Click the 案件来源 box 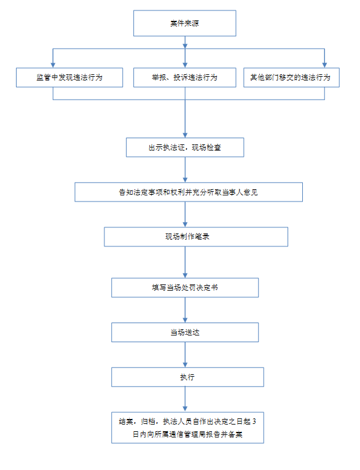pos(185,23)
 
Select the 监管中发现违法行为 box pos(69,77)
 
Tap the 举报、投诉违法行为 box pos(185,77)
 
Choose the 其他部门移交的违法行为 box pos(291,77)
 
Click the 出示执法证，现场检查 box pos(185,147)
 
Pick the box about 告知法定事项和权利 pos(189,192)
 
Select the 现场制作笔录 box pos(196,237)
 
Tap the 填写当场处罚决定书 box pos(185,288)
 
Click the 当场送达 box pos(185,332)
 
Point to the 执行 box pos(187,377)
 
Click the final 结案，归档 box pos(187,428)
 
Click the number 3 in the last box pos(254,421)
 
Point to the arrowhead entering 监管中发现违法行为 pos(53,65)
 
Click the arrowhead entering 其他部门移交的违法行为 pos(324,65)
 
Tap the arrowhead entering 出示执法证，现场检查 pos(185,135)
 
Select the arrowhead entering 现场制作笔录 pos(185,224)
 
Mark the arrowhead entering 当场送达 pos(185,320)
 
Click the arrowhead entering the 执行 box pos(185,365)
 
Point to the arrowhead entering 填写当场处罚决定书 pos(185,275)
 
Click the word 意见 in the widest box pos(251,192)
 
